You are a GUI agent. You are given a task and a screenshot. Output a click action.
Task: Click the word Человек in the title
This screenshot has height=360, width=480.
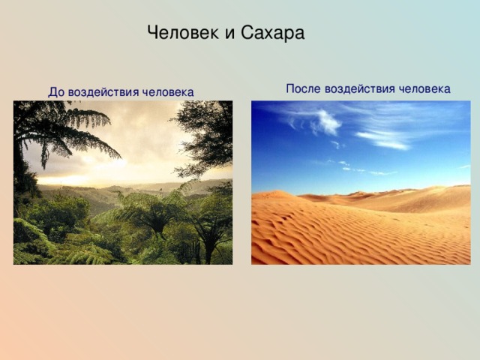click(183, 32)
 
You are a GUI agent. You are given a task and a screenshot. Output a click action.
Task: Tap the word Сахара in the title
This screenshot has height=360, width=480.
click(272, 33)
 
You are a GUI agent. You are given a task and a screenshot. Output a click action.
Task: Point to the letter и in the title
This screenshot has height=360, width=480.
click(230, 34)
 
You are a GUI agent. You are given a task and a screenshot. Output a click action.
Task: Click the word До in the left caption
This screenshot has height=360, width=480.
click(56, 92)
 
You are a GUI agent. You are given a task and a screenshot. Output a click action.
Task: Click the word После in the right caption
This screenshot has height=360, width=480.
click(303, 88)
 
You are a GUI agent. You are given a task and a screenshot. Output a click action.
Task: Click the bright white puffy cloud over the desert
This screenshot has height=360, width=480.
click(327, 123)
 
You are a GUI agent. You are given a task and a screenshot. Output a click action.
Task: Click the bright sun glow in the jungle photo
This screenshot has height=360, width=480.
click(101, 165)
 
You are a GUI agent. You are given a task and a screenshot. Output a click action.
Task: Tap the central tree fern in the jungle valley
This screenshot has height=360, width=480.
click(156, 214)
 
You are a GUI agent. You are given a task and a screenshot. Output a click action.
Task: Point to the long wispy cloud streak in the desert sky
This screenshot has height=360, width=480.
click(382, 140)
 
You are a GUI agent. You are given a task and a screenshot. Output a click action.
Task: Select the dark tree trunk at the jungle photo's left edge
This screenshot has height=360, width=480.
click(19, 172)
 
